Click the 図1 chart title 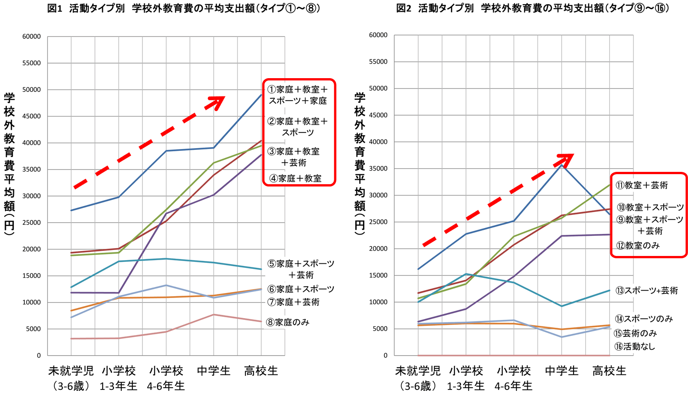click(184, 9)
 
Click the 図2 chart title click(532, 8)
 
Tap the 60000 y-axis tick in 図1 click(32, 37)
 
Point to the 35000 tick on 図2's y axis click(378, 169)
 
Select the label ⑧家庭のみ click(288, 322)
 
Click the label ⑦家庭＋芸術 click(293, 302)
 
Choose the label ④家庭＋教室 click(295, 178)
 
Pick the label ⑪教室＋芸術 click(642, 185)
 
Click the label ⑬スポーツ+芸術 click(646, 291)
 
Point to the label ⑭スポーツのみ click(644, 319)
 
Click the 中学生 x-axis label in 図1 click(213, 371)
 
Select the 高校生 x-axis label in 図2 click(609, 371)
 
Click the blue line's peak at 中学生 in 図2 click(562, 165)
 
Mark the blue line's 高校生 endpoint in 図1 click(261, 95)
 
